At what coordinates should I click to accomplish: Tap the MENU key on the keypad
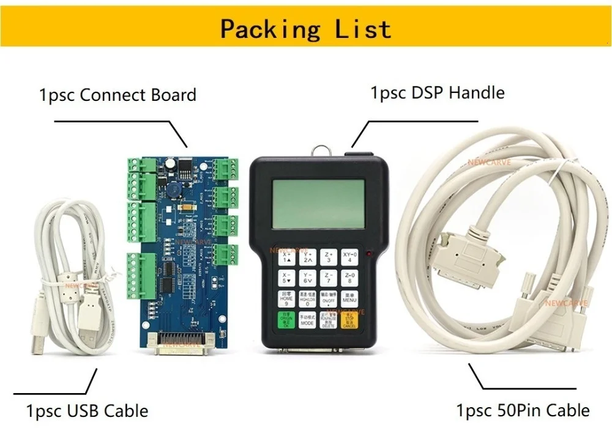click(x=349, y=299)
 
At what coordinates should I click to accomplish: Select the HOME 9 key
click(x=286, y=299)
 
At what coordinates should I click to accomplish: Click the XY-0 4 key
click(x=349, y=257)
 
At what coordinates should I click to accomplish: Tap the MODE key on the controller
click(x=307, y=320)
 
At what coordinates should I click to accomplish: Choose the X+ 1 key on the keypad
click(x=286, y=257)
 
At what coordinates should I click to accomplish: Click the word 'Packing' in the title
click(x=270, y=29)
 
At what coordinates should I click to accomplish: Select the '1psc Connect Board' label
click(x=118, y=95)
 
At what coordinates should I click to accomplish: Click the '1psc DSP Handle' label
click(x=437, y=93)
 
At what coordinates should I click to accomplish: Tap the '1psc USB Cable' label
click(x=87, y=410)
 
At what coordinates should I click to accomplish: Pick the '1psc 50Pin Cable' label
click(x=523, y=410)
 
